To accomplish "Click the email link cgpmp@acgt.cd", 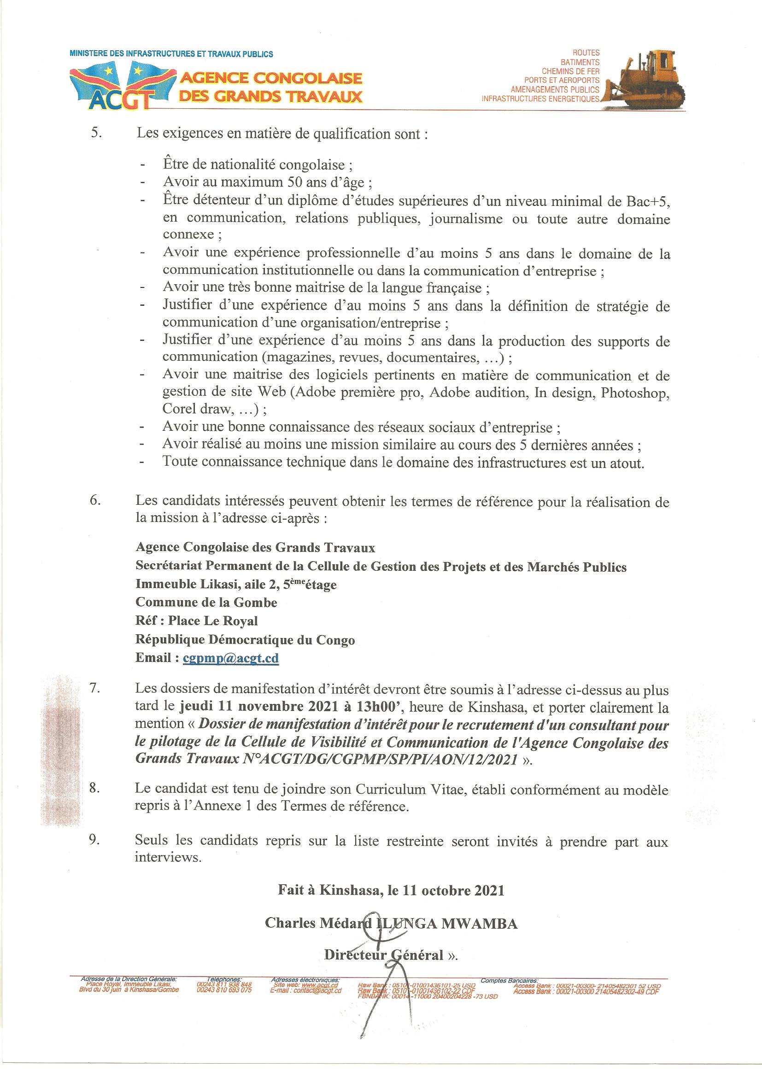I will click(231, 658).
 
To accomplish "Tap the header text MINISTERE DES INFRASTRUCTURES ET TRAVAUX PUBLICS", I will click(171, 54).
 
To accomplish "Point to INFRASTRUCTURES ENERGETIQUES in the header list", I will click(540, 99).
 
